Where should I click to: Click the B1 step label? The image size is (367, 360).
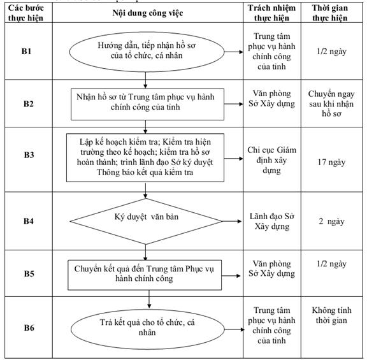(x=26, y=51)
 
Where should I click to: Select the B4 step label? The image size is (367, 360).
(x=29, y=221)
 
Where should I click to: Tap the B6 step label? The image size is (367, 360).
(x=29, y=328)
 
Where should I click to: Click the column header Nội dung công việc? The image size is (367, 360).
(x=148, y=13)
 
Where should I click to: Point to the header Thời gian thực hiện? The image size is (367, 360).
(x=330, y=13)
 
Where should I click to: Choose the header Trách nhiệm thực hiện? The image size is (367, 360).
(x=271, y=13)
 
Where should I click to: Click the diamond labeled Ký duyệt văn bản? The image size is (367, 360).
(x=146, y=222)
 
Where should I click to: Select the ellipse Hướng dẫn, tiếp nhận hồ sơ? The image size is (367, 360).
(x=147, y=52)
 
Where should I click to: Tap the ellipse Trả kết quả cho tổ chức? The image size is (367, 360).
(x=147, y=329)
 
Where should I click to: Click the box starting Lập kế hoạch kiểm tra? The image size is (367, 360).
(x=145, y=157)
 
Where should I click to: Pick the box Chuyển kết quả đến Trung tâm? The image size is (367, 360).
(x=145, y=275)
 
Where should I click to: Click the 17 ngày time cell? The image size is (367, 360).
(x=331, y=162)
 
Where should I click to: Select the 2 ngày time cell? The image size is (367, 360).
(x=331, y=222)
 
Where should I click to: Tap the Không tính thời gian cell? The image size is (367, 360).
(x=332, y=315)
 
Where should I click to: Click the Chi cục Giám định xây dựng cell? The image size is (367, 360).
(x=271, y=160)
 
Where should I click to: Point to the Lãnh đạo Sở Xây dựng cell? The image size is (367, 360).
(x=272, y=222)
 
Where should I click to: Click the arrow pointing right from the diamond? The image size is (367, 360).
(x=231, y=221)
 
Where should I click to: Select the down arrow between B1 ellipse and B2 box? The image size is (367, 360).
(x=145, y=80)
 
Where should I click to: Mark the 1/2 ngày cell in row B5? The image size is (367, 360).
(x=331, y=264)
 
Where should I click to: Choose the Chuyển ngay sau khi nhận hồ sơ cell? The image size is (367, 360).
(x=331, y=104)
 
